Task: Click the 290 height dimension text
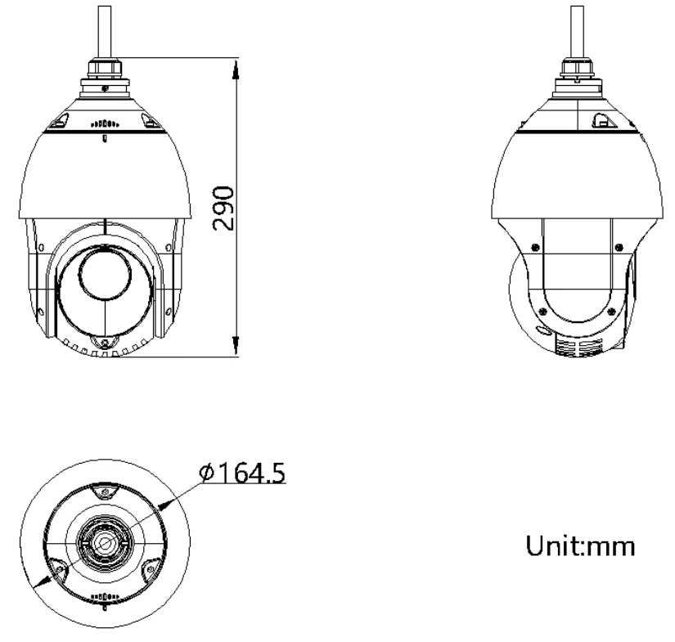coord(224,209)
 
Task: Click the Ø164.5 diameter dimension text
coord(242,473)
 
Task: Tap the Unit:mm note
coord(580,545)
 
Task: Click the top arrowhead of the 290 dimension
coord(236,70)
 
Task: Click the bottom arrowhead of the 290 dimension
coord(236,344)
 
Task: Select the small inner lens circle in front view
coord(106,274)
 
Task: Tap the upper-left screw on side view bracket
coord(535,247)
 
